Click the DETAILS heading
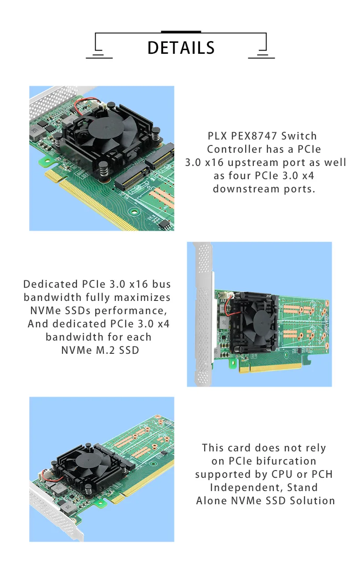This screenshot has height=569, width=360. coord(181,48)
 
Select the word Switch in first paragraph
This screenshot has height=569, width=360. coord(299,136)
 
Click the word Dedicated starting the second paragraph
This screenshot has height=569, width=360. coord(51,284)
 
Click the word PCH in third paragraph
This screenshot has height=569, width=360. coord(322,474)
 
